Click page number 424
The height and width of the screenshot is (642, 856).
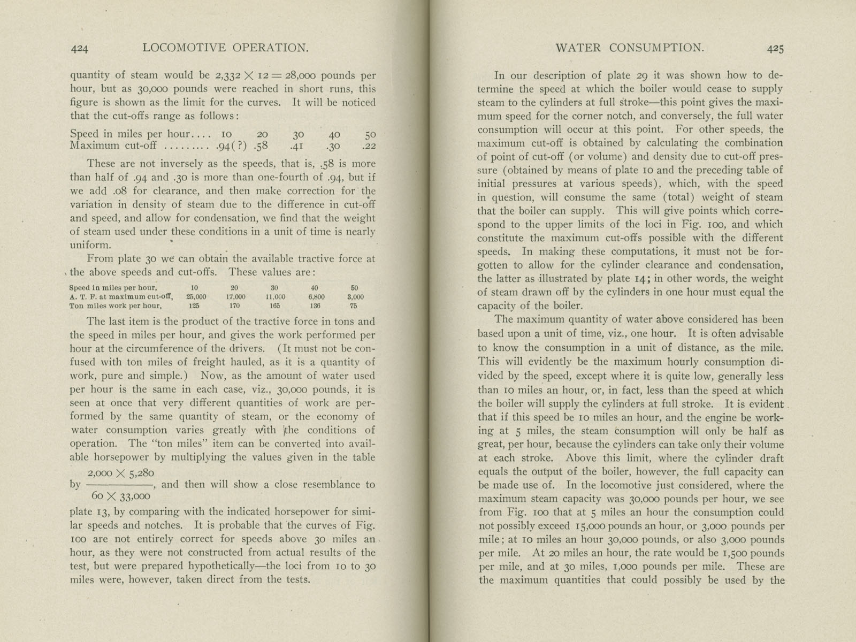point(79,49)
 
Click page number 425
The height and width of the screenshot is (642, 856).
point(776,49)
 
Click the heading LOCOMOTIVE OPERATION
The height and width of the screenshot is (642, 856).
point(226,48)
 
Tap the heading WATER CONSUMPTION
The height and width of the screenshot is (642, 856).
point(630,48)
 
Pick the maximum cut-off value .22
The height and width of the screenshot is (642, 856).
point(369,146)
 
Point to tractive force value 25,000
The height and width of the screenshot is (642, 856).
point(196,297)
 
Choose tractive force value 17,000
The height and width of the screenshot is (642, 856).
point(235,297)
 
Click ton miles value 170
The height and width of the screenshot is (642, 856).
point(234,307)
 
